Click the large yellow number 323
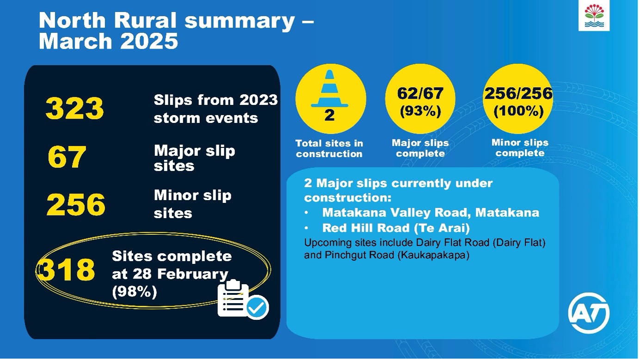click(74, 109)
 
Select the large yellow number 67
click(67, 157)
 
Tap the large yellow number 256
click(76, 205)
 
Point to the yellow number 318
click(67, 270)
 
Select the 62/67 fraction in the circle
click(420, 94)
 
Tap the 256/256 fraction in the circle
click(518, 94)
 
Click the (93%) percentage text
click(420, 112)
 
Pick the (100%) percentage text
click(518, 112)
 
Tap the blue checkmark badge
click(257, 307)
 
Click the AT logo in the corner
click(588, 313)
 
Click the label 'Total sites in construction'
click(329, 149)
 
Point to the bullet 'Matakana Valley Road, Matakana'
click(430, 213)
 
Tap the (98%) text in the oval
click(134, 292)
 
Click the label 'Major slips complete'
click(420, 148)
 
